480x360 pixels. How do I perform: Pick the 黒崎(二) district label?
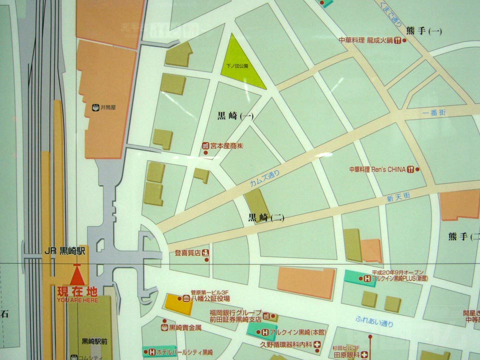[x=266, y=217]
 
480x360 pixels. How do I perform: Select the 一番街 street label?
[x=433, y=113]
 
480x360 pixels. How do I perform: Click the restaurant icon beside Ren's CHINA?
[x=410, y=169]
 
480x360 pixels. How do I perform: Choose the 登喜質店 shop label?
[x=187, y=253]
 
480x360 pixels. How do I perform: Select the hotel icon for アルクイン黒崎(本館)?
[x=264, y=331]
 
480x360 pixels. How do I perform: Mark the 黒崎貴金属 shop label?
[x=184, y=327]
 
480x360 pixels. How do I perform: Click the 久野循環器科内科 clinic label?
[x=285, y=344]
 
